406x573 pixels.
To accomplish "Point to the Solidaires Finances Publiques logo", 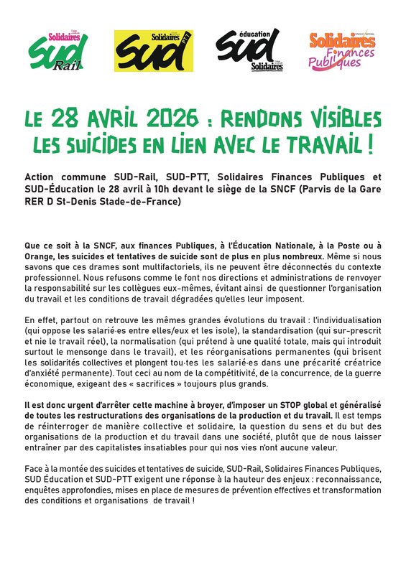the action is (x=343, y=50).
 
